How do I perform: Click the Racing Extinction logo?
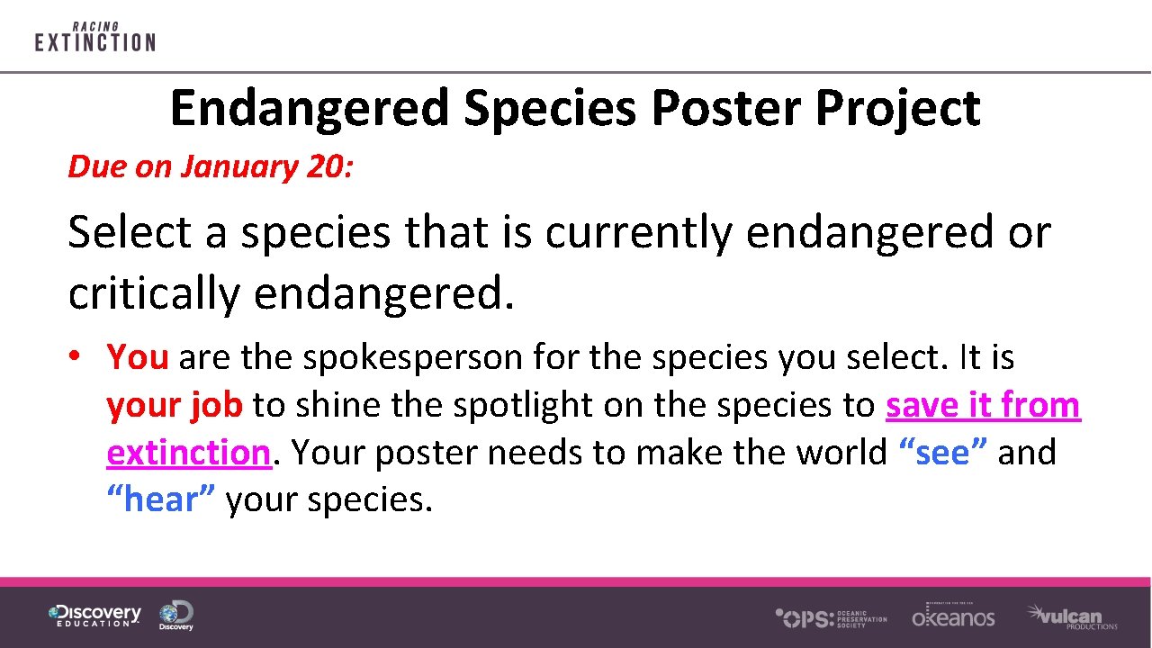94,37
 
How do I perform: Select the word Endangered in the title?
309,109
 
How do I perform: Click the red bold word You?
138,357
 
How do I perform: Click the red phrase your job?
174,405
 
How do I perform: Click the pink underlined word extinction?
188,453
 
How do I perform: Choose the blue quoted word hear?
161,499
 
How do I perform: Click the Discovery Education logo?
94,616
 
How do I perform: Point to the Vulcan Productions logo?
1072,617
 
